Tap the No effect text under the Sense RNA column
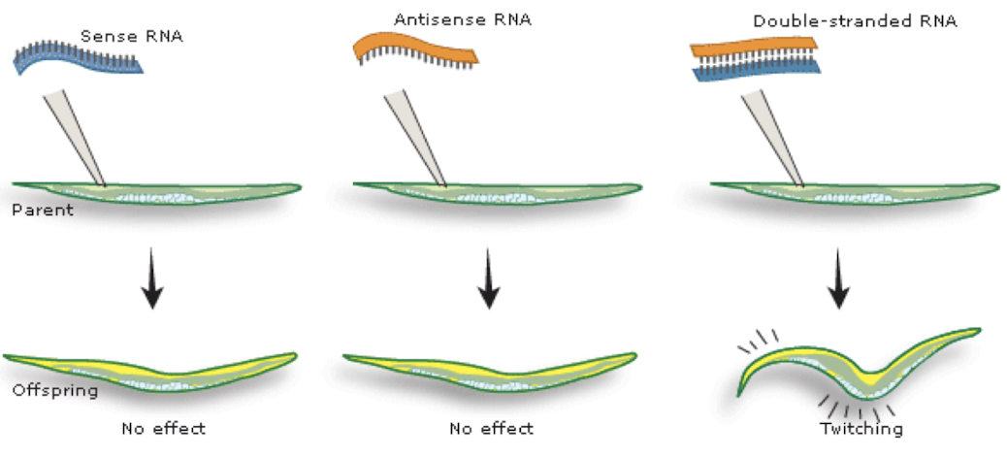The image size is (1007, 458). pyautogui.click(x=164, y=427)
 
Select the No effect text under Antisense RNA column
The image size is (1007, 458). pyautogui.click(x=491, y=427)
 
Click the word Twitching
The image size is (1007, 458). pyautogui.click(x=861, y=428)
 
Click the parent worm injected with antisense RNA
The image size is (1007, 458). pyautogui.click(x=495, y=192)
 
